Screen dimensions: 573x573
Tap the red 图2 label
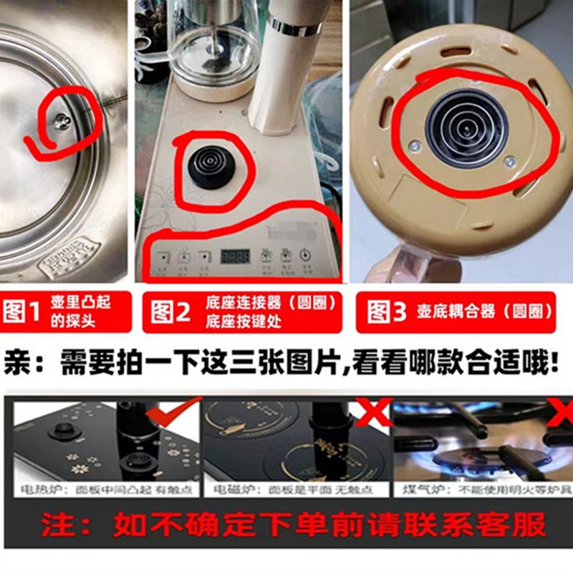coord(170,312)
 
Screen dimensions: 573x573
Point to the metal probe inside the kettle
coord(62,122)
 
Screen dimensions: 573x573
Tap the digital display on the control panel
coord(234,256)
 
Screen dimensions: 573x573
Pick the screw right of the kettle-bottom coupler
coord(509,162)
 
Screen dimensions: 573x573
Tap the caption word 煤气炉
coord(413,490)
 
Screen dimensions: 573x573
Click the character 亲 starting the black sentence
coord(21,363)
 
